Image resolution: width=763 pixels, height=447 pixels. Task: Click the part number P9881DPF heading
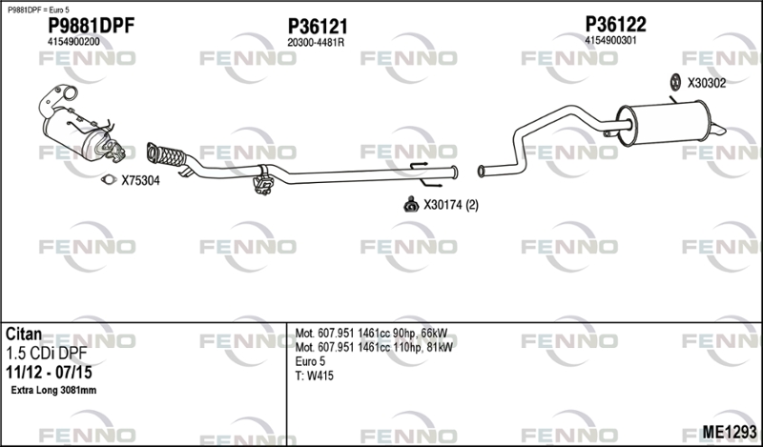click(x=91, y=26)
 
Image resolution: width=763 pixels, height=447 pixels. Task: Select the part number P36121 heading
click(x=318, y=27)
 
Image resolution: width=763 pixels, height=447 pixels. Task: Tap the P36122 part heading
click(x=615, y=25)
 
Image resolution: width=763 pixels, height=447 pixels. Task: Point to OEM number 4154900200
click(x=73, y=42)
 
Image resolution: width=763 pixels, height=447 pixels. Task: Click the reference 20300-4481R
click(x=316, y=43)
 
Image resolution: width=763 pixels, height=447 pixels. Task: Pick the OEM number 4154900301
click(x=610, y=40)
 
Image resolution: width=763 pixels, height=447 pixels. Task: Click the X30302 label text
click(x=707, y=83)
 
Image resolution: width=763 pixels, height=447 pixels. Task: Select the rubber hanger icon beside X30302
click(x=675, y=83)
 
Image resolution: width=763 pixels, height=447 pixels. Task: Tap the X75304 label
click(x=140, y=181)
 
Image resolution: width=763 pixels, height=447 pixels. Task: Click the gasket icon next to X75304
click(x=109, y=180)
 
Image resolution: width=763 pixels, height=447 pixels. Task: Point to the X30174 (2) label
click(x=451, y=205)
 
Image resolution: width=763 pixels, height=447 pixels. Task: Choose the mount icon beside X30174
click(x=411, y=205)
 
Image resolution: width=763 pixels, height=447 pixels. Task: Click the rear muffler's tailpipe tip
click(x=718, y=130)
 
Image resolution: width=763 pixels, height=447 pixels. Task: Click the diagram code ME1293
click(x=730, y=432)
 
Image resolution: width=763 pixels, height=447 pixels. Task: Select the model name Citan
click(x=24, y=335)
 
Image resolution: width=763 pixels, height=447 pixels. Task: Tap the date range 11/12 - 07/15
click(x=49, y=373)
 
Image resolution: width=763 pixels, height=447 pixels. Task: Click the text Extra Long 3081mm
click(x=53, y=390)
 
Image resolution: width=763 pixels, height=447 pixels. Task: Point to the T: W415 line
click(x=315, y=376)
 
